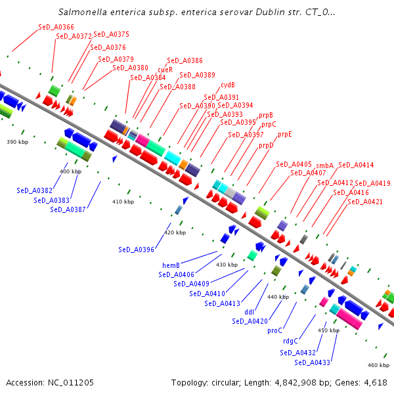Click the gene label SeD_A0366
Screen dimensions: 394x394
pos(56,27)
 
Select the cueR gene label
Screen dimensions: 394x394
pos(165,69)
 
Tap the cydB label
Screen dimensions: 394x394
pos(228,85)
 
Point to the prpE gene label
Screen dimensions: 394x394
pos(284,134)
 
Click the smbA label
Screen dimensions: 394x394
pos(324,165)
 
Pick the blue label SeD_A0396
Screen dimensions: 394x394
pos(137,250)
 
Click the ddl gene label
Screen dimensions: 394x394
pos(250,312)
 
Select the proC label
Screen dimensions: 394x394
pos(274,331)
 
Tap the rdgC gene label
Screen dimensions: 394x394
pos(290,341)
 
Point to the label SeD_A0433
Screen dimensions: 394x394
pos(312,362)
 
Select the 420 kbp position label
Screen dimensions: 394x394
pos(175,232)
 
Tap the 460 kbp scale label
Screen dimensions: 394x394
pos(378,365)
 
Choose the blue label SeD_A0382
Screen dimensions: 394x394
pos(34,190)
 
